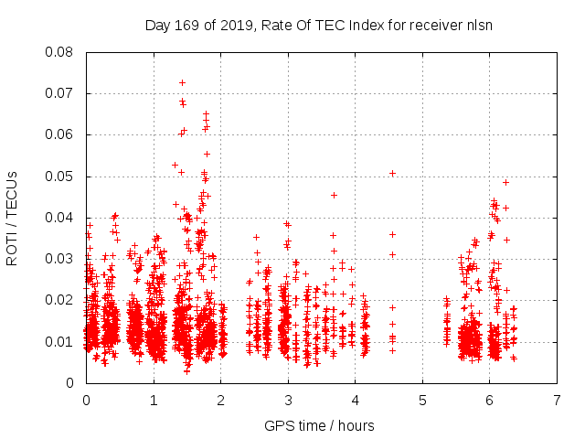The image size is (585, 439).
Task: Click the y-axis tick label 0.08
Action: click(x=61, y=52)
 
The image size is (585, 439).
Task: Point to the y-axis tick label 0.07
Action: click(x=61, y=93)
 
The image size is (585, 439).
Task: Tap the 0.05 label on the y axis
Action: click(x=61, y=176)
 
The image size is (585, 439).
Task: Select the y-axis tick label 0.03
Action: click(x=61, y=259)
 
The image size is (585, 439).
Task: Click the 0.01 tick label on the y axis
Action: click(x=61, y=341)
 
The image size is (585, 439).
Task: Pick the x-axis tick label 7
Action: click(x=557, y=401)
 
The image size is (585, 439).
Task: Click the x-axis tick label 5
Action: click(x=422, y=401)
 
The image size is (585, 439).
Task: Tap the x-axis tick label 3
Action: click(x=288, y=401)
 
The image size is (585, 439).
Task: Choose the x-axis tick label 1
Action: click(x=154, y=401)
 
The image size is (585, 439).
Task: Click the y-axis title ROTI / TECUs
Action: click(x=13, y=217)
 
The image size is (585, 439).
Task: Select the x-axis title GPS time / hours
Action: click(x=319, y=425)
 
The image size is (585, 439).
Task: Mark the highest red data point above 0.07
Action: click(x=182, y=83)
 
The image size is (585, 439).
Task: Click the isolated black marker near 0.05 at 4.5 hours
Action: click(x=392, y=173)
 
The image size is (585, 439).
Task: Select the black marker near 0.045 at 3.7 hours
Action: click(x=334, y=195)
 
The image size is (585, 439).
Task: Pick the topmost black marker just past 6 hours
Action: click(x=505, y=182)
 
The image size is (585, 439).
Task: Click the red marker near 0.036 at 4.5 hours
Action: click(x=392, y=234)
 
